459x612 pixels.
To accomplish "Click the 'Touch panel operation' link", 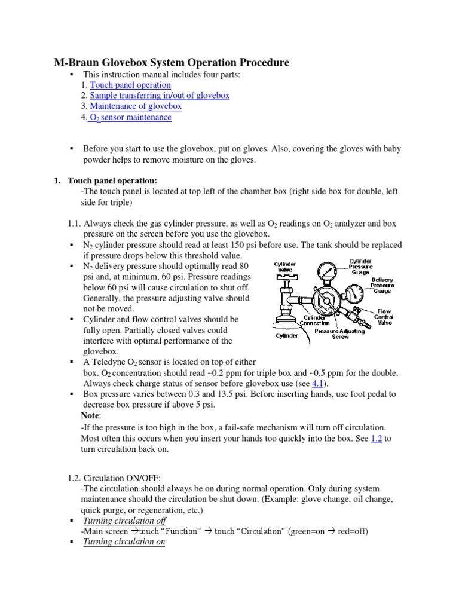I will (130, 85).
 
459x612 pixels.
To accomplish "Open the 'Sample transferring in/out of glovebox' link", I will (160, 96).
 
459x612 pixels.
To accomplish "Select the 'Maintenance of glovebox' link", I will (136, 106).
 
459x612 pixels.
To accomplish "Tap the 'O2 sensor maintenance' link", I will (130, 118).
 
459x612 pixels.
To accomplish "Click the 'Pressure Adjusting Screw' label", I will (339, 333).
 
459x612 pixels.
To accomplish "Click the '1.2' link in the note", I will (377, 438).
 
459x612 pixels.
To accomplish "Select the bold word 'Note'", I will (90, 416).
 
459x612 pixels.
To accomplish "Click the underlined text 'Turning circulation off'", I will (124, 521).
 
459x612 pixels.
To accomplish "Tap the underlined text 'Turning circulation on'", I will (124, 542).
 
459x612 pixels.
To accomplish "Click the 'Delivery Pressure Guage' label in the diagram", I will (382, 286).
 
